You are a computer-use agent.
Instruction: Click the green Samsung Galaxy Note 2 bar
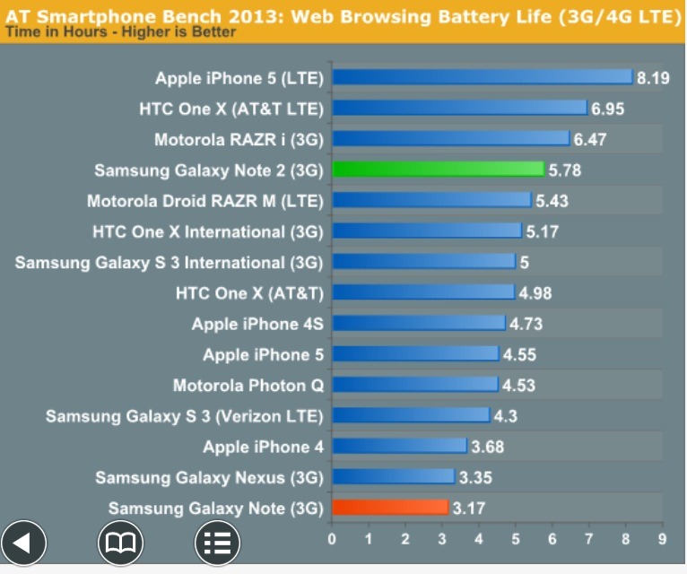pos(438,169)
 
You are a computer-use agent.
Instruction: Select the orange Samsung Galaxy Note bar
pos(389,508)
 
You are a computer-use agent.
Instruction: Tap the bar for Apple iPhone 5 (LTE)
pos(483,77)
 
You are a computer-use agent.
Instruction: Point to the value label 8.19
pos(653,78)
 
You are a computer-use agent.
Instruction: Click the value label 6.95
pos(607,109)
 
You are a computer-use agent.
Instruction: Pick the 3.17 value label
pos(469,509)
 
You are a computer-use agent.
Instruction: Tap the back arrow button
pos(24,542)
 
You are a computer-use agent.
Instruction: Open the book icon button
pos(121,542)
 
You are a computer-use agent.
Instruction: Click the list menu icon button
pos(218,542)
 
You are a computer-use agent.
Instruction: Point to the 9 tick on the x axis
pos(662,539)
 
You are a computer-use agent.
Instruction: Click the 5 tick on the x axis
pos(516,539)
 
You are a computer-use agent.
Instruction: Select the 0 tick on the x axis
pos(333,539)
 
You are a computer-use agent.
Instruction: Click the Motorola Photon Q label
pos(248,386)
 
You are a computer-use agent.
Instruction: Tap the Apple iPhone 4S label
pos(257,324)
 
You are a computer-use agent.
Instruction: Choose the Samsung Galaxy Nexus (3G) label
pos(209,477)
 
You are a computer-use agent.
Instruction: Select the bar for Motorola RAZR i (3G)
pos(450,138)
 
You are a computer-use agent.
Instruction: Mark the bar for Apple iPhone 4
pos(399,446)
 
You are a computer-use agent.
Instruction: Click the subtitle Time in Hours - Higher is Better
pos(121,32)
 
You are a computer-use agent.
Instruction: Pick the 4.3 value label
pos(506,416)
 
